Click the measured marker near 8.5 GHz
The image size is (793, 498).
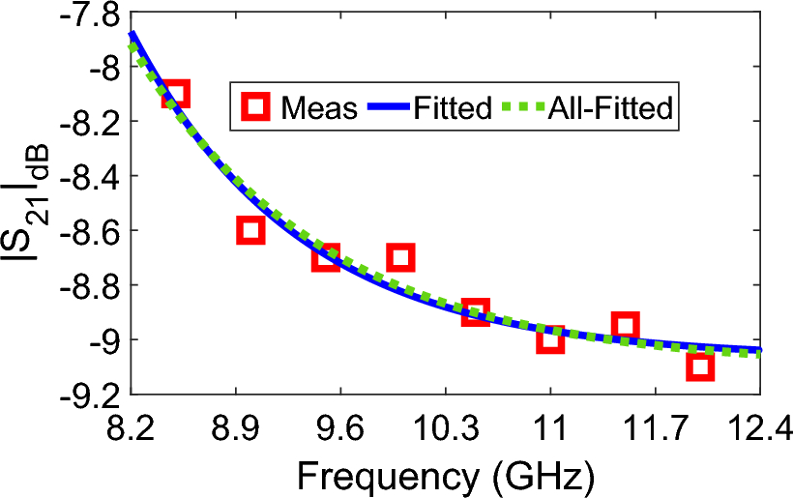click(x=175, y=94)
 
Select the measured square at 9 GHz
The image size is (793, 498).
click(x=250, y=230)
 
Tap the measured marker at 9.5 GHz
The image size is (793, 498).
click(x=326, y=257)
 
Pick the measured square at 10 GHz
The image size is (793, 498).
click(x=400, y=257)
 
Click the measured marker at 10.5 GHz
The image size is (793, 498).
click(x=475, y=311)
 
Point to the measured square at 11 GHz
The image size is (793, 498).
click(x=549, y=338)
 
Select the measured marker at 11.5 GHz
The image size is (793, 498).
click(x=625, y=325)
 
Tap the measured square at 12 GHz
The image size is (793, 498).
click(x=699, y=366)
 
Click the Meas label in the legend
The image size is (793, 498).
click(x=320, y=106)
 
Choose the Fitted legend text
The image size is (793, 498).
click(x=452, y=106)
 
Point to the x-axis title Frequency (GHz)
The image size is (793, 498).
click(x=445, y=475)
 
